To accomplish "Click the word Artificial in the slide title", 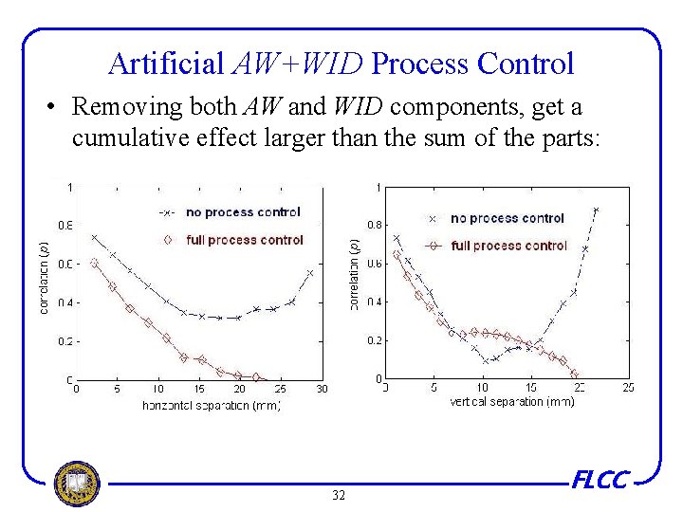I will pyautogui.click(x=167, y=64).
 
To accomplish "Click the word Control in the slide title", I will pyautogui.click(x=526, y=64).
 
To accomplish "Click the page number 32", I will pyautogui.click(x=339, y=495).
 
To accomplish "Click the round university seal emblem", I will pyautogui.click(x=76, y=483).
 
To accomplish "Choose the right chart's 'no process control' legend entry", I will pyautogui.click(x=507, y=218).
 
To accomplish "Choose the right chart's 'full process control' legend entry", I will pyautogui.click(x=508, y=246).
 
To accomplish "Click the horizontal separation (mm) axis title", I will pyautogui.click(x=211, y=405).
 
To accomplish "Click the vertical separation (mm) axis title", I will pyautogui.click(x=511, y=401).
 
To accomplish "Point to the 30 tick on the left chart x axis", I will pyautogui.click(x=322, y=389).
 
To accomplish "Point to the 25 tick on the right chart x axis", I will pyautogui.click(x=627, y=388).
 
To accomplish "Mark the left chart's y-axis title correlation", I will pyautogui.click(x=44, y=279).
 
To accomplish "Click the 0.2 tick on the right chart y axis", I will pyautogui.click(x=373, y=339).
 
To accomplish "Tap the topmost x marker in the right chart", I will pyautogui.click(x=596, y=210).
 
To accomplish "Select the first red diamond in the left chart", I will pyautogui.click(x=94, y=264).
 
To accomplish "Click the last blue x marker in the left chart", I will pyautogui.click(x=310, y=273).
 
